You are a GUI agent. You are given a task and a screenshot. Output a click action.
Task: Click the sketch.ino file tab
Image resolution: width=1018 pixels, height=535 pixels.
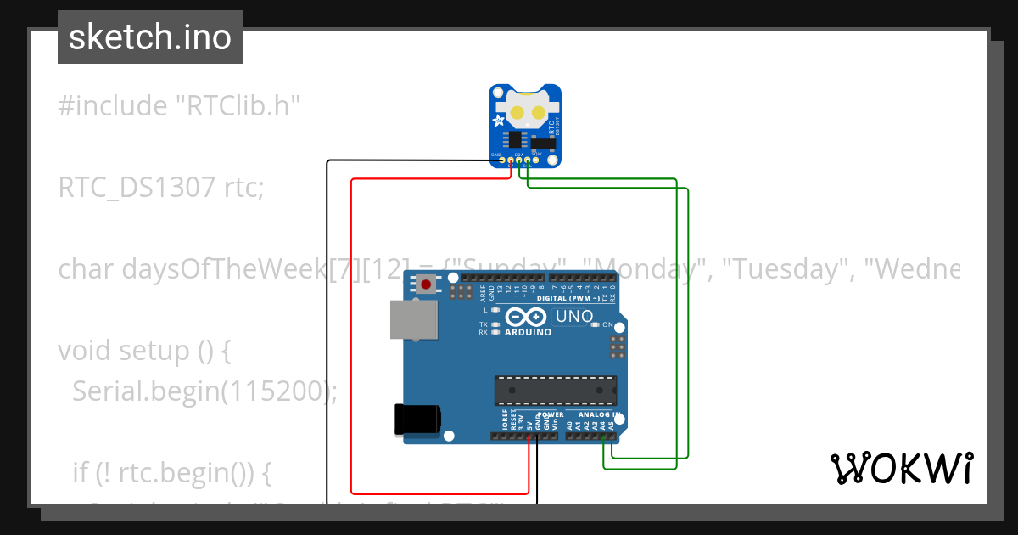click(150, 37)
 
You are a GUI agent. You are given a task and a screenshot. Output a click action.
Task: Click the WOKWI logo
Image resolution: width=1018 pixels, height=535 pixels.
click(901, 468)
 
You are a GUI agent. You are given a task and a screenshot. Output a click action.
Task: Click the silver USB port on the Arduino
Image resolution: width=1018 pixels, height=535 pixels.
click(414, 320)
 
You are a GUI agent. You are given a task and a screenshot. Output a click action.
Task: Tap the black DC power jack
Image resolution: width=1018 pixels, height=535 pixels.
click(417, 420)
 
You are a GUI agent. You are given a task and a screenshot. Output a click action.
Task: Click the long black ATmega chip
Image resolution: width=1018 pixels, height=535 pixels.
click(556, 390)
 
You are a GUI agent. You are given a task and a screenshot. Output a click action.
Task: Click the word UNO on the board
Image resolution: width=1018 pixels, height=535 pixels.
click(574, 318)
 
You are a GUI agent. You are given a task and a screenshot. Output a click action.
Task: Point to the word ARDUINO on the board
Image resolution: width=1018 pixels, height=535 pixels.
click(528, 332)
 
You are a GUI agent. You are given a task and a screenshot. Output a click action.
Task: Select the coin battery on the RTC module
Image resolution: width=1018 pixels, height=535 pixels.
click(526, 111)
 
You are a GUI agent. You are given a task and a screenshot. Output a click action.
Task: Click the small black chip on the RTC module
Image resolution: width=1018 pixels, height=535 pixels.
click(514, 139)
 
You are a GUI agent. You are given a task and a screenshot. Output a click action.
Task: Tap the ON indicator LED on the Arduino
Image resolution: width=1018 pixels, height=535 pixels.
click(596, 324)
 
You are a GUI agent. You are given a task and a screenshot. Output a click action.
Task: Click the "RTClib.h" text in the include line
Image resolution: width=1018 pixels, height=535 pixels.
click(238, 106)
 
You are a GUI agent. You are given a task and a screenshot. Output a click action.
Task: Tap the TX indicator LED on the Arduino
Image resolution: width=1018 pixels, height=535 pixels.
click(495, 324)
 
